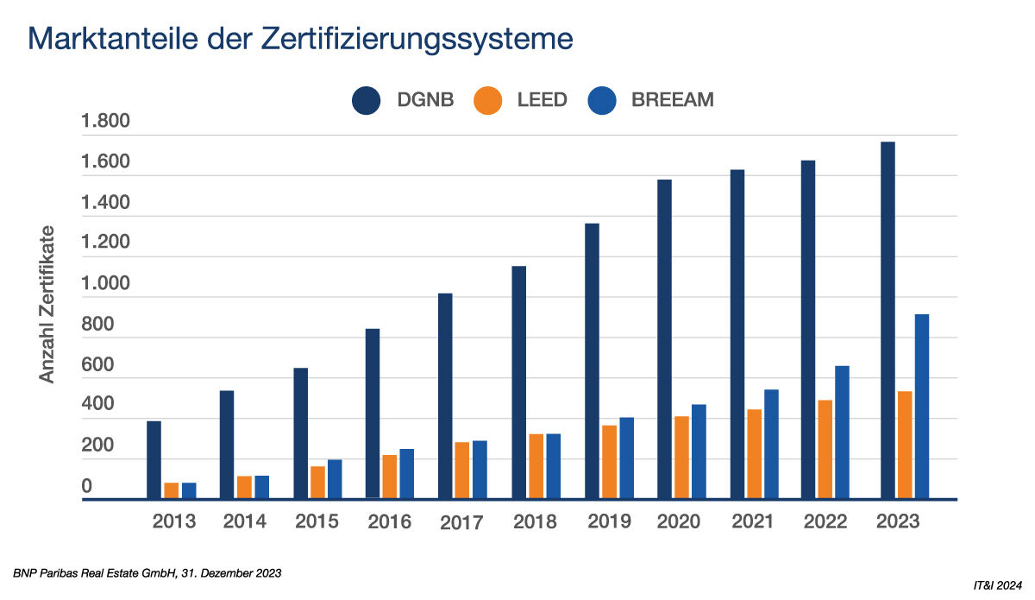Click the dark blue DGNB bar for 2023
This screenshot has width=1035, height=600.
click(888, 320)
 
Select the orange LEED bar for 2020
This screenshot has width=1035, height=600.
click(682, 458)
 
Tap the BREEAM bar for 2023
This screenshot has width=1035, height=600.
click(922, 407)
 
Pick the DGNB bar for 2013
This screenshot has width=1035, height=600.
click(154, 459)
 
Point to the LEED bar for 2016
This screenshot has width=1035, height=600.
click(390, 477)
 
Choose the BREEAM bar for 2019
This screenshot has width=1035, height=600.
click(626, 458)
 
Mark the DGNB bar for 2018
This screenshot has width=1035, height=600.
click(519, 382)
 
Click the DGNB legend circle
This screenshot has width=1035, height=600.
click(367, 99)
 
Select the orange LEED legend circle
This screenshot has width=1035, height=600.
click(489, 99)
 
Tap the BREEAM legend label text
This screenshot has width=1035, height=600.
click(672, 99)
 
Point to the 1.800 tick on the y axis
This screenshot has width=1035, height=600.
click(105, 122)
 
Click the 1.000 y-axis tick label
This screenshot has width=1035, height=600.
click(105, 284)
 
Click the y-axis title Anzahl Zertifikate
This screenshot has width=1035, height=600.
click(47, 304)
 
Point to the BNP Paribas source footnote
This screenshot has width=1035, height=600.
click(147, 573)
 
